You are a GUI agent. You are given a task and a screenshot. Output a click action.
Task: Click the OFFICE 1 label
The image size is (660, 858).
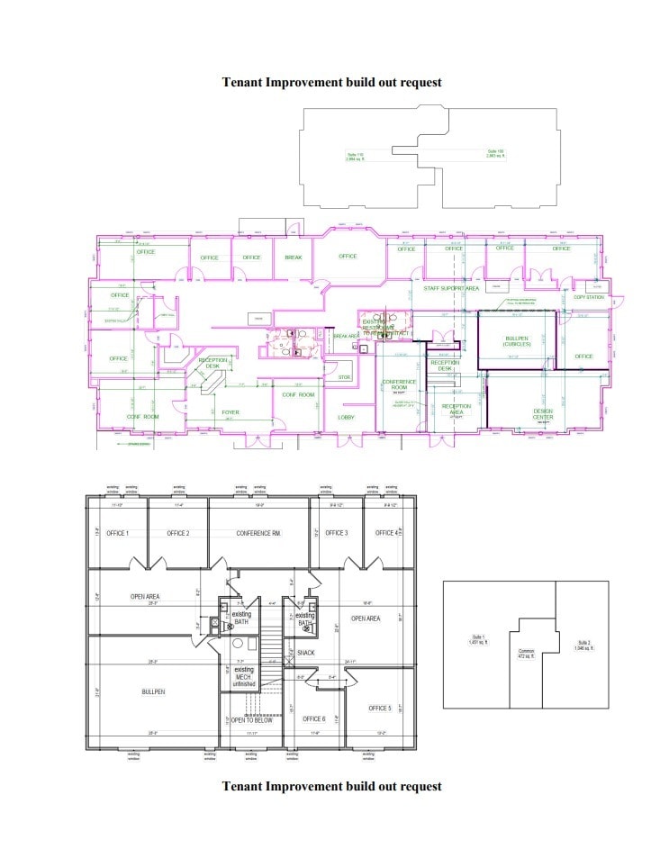point(117,533)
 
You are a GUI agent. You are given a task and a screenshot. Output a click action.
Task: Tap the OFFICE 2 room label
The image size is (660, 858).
point(177,533)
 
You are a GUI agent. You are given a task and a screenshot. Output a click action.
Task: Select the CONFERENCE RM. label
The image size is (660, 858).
point(258,533)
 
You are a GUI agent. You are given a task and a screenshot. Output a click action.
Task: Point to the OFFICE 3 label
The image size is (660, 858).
point(337,533)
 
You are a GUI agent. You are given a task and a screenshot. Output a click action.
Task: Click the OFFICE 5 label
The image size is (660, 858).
point(380,709)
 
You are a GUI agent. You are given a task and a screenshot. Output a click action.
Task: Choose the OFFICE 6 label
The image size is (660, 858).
point(314,719)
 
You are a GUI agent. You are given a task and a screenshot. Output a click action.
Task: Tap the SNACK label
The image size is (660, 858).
point(306,653)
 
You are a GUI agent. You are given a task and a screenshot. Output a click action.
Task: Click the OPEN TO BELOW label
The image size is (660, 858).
point(252,720)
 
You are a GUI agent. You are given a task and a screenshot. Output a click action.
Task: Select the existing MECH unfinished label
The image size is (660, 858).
point(243,677)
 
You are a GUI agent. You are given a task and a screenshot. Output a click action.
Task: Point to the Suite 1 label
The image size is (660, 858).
point(478,641)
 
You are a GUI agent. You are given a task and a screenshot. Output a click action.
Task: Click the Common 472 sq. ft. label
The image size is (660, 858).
point(527,655)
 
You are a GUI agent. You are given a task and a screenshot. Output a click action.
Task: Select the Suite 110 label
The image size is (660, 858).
point(354,157)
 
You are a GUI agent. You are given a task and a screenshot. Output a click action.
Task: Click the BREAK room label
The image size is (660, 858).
point(294,257)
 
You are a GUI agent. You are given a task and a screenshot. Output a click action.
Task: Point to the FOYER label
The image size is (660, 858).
point(231,412)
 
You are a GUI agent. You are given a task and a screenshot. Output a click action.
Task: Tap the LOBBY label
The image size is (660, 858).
point(346,418)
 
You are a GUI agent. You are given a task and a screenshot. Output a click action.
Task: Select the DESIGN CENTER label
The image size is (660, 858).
point(543,414)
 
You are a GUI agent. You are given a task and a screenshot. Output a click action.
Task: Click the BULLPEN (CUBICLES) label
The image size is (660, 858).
point(516,341)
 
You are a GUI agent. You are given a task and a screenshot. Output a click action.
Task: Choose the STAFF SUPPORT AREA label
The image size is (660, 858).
point(451,289)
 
